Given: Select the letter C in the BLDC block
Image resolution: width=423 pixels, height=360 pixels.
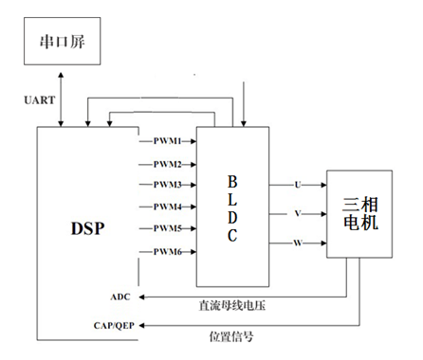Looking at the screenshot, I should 232,238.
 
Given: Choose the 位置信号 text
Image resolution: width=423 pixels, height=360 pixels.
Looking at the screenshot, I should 232,336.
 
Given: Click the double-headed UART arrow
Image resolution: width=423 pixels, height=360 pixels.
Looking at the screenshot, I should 60,99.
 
